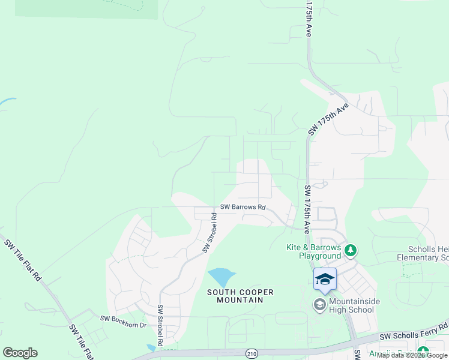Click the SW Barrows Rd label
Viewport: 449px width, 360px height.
coord(243,207)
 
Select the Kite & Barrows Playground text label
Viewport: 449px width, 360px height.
coord(313,251)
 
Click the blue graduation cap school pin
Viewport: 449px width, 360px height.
coord(325,279)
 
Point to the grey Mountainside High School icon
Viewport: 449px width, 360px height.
coord(319,305)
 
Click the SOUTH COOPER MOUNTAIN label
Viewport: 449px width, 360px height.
coord(240,296)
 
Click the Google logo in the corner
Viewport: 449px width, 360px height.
coord(20,353)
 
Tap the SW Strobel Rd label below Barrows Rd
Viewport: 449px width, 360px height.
coord(209,232)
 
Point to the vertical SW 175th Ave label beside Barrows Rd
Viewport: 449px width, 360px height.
coord(307,209)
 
